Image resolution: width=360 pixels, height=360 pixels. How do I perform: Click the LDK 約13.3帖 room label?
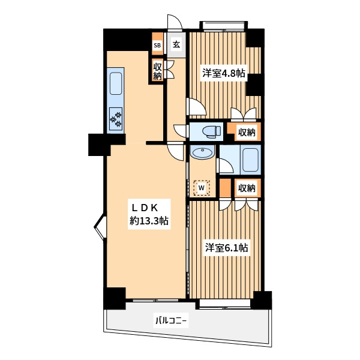pos(149,214)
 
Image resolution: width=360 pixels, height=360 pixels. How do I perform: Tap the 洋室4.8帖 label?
pos(224,73)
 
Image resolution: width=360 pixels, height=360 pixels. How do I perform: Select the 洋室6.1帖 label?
pos(226,248)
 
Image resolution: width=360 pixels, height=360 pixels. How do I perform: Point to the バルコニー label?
pos(171,320)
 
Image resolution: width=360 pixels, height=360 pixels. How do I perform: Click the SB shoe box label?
pos(157,45)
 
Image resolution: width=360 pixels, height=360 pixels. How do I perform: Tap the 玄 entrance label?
pos(176,44)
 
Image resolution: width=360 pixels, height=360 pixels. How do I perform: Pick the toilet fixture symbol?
pos(211,131)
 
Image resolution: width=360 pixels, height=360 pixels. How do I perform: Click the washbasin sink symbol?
pos(202,152)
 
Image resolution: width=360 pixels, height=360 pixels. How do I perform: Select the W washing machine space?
pos(202,188)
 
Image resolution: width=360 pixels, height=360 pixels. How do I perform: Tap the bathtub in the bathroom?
pos(250,160)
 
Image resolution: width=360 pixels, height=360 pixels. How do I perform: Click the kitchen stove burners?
pos(116,118)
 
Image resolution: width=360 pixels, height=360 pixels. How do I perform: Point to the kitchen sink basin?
pos(116,83)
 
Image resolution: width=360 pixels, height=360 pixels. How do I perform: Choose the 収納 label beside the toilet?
pos(247,132)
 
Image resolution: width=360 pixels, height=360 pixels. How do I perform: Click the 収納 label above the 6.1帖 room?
pos(247,188)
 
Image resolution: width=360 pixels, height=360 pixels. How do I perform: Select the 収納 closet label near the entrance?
pos(158,71)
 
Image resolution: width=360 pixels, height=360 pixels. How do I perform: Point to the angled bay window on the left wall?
pos(100,227)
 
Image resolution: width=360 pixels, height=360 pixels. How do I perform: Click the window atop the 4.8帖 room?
pos(223,26)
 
